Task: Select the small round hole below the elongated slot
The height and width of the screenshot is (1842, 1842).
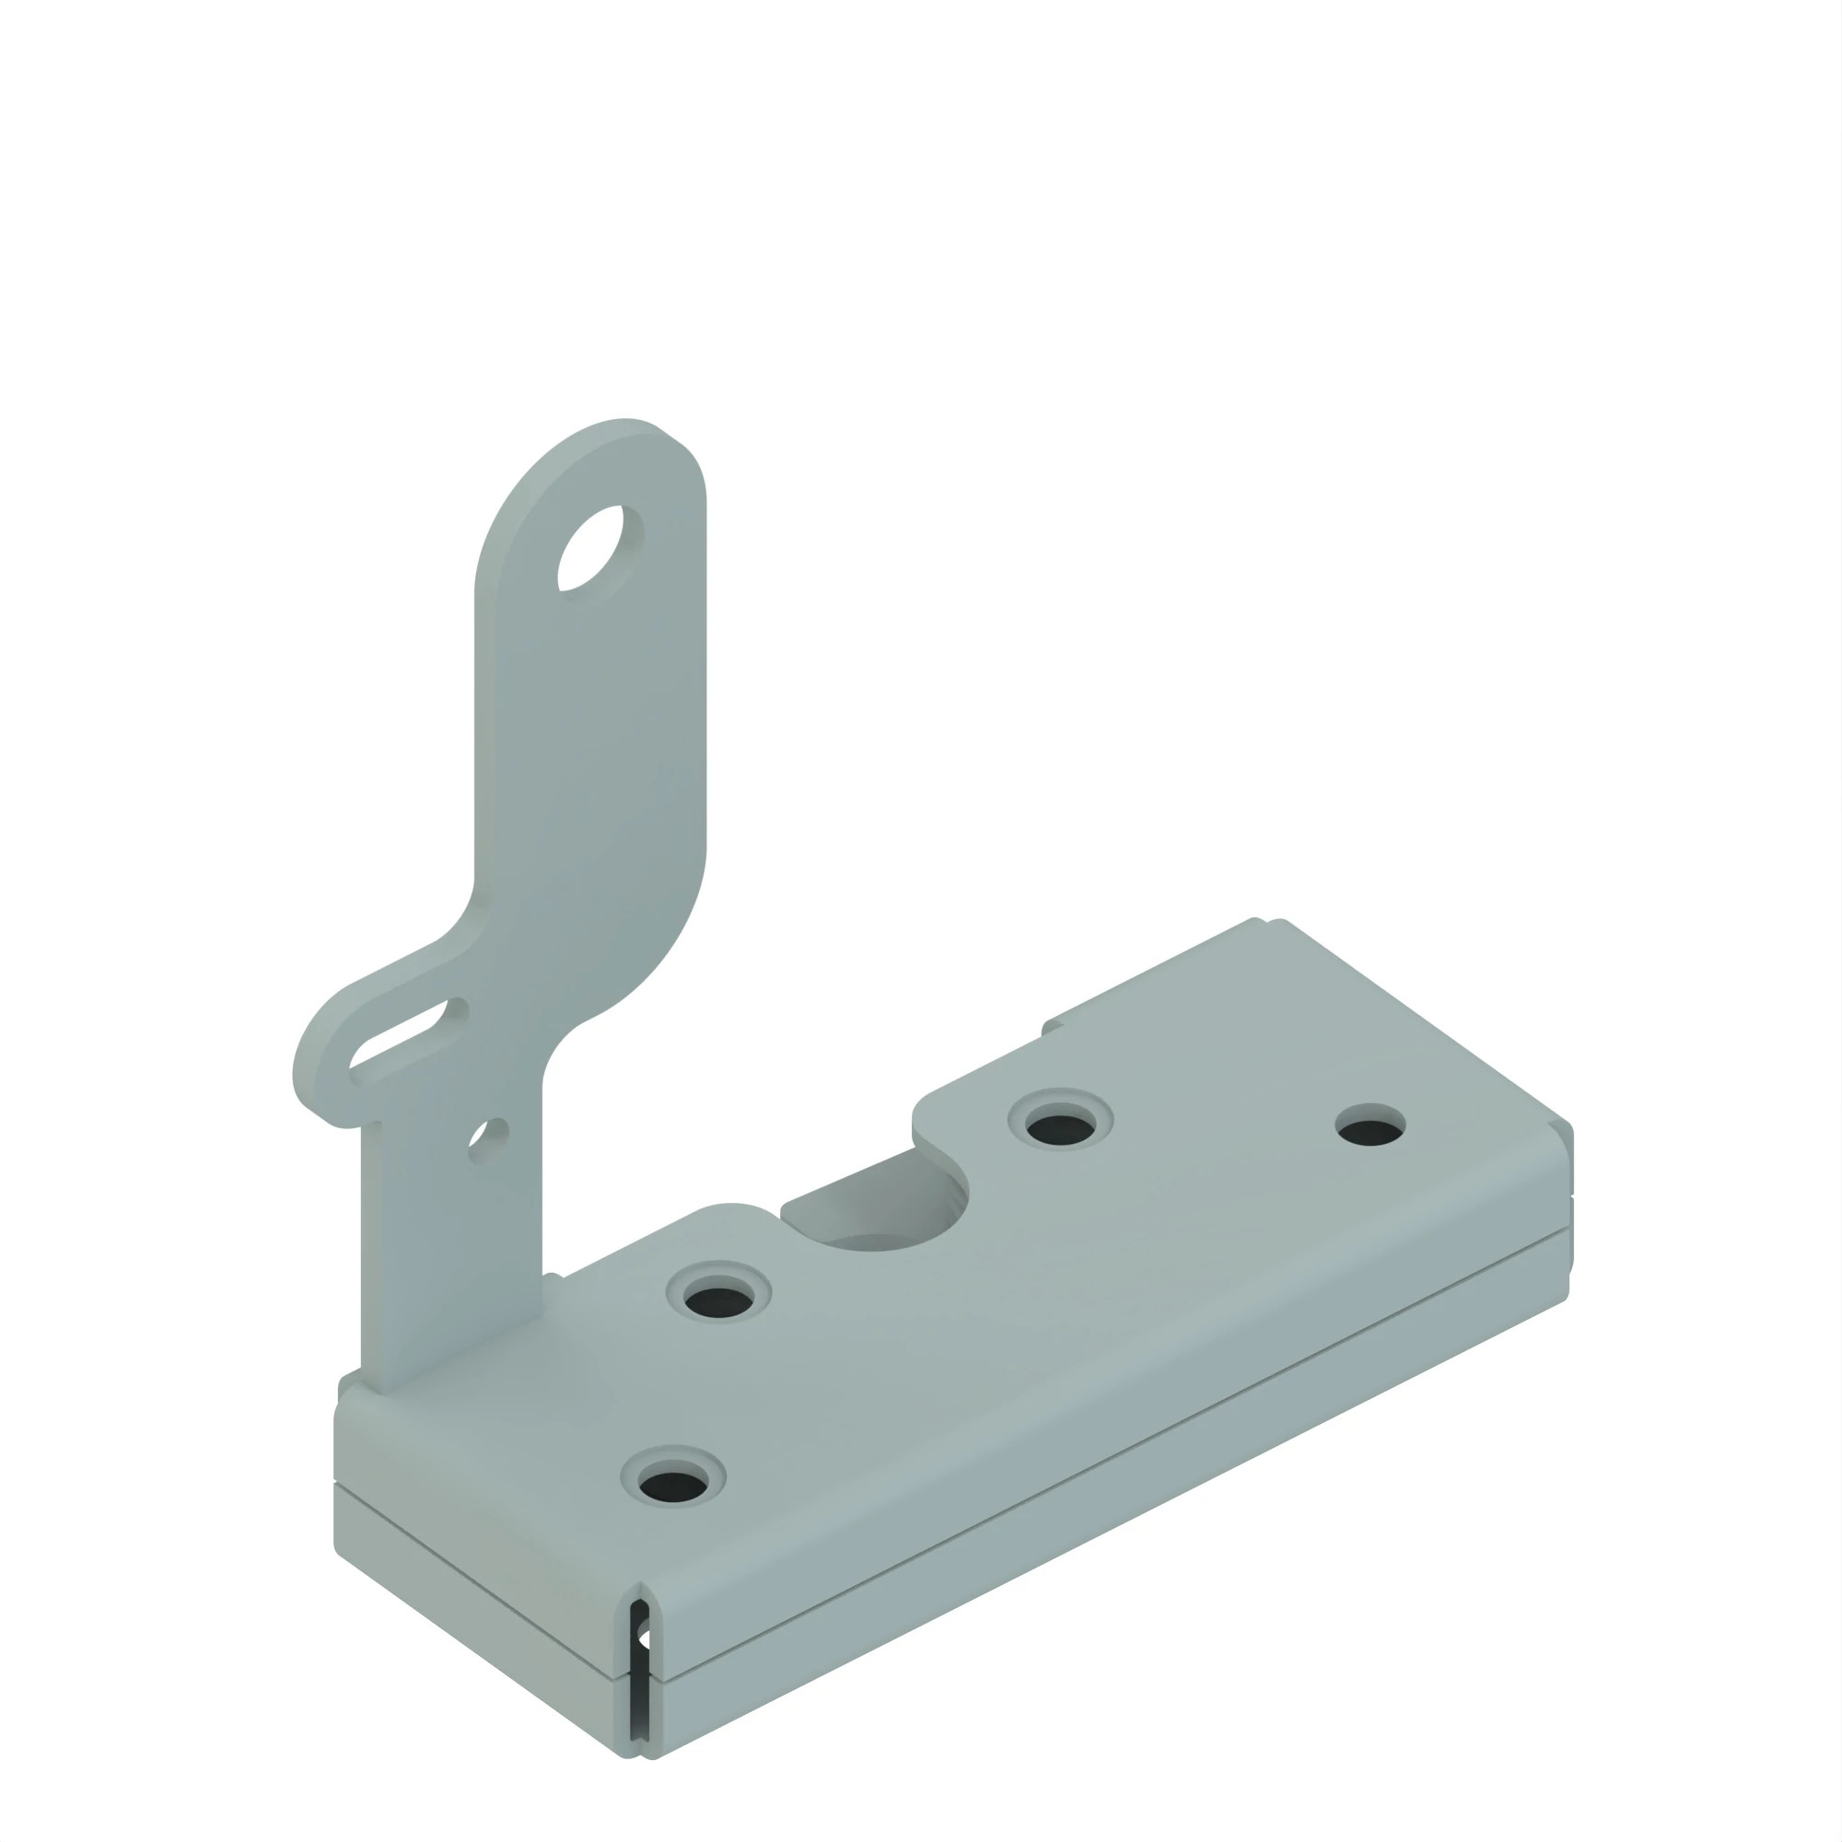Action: (488, 1137)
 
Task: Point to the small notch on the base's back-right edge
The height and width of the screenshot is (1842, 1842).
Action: (1268, 921)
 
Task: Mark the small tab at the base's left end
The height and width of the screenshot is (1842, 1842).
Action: (349, 1382)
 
